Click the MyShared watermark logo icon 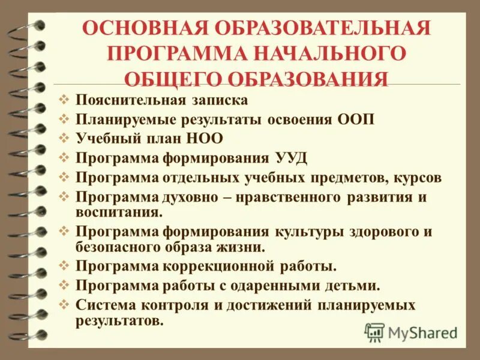click(x=375, y=332)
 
